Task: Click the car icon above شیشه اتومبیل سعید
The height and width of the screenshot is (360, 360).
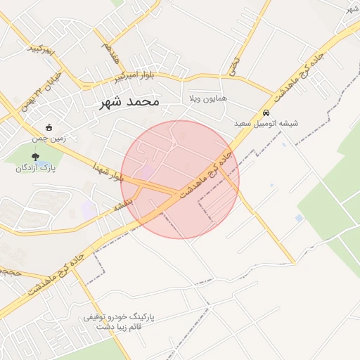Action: tap(266, 112)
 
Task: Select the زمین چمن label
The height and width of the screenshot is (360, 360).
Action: tap(49, 139)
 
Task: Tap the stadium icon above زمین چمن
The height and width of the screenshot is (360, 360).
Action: tap(49, 128)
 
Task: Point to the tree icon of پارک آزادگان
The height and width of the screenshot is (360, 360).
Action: tap(36, 157)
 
